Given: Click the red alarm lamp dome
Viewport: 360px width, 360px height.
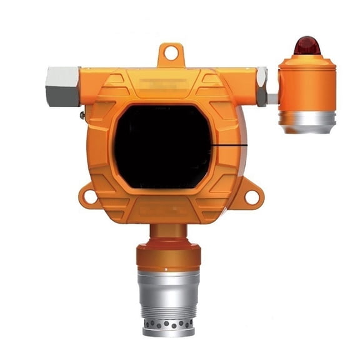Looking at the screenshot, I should tap(307, 46).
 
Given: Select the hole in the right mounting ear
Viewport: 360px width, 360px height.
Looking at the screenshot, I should tap(252, 197).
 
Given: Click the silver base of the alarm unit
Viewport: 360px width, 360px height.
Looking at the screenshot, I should tap(307, 120).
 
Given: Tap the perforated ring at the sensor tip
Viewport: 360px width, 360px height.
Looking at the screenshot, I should tap(168, 325).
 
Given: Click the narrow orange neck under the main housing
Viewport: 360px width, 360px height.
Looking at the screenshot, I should tap(168, 232).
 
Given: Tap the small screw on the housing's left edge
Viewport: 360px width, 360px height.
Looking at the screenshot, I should tap(83, 114).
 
